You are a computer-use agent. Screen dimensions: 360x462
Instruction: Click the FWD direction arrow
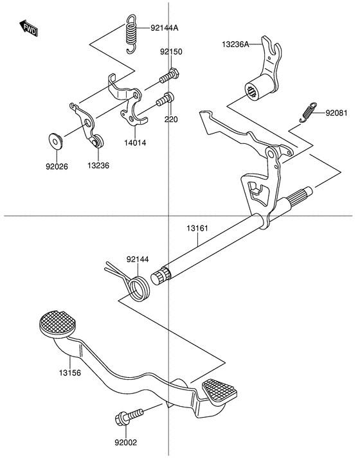tap(28, 28)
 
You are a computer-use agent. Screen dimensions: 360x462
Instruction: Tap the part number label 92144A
tap(165, 28)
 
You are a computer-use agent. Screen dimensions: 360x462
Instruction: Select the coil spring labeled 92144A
tap(131, 34)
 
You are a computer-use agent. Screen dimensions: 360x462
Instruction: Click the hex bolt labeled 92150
tap(169, 75)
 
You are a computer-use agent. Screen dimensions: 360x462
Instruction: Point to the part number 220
tap(171, 120)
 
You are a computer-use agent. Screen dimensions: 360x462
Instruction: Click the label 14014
tap(135, 143)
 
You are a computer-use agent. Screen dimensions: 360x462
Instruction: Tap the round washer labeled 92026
tap(55, 141)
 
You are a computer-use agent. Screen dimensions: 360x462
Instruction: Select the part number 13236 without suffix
tap(98, 166)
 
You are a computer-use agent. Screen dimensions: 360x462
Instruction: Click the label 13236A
tap(235, 44)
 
